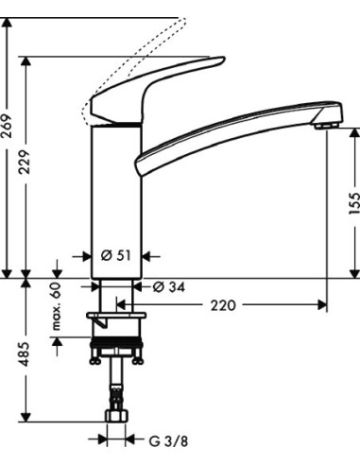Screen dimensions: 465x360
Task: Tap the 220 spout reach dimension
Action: (223, 305)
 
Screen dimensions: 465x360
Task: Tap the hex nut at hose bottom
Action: (118, 416)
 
